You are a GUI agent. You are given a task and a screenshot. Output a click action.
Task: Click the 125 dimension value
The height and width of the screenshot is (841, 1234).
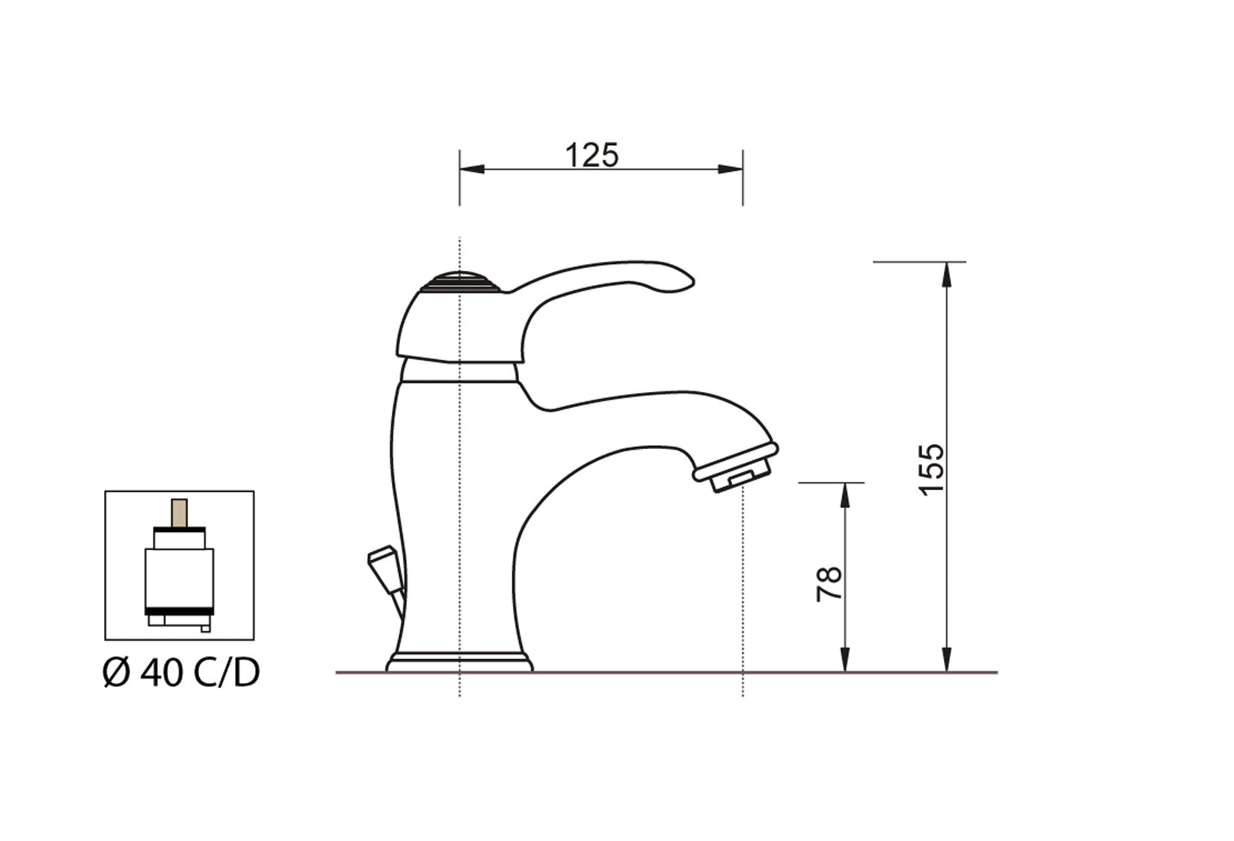[591, 156]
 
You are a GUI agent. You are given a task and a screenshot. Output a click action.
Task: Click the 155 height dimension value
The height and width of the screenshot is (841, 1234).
[933, 468]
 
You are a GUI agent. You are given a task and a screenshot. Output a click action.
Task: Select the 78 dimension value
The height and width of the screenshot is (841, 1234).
[829, 584]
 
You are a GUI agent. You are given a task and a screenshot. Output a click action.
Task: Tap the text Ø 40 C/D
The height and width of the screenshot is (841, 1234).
[181, 673]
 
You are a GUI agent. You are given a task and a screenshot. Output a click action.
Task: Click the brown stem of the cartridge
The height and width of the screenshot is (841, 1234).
[179, 513]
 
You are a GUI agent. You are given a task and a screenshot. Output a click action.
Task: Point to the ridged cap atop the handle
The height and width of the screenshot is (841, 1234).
[460, 282]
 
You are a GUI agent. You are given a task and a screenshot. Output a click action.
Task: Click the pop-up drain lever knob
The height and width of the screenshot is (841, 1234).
[382, 559]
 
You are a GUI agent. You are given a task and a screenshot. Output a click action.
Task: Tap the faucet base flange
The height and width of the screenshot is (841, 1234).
[459, 663]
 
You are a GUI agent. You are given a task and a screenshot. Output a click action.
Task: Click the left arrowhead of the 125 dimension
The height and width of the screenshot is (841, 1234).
[471, 169]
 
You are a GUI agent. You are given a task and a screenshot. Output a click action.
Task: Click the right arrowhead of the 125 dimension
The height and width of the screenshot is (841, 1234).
[731, 169]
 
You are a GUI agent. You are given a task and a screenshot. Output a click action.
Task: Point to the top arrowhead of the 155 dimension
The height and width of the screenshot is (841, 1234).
[947, 274]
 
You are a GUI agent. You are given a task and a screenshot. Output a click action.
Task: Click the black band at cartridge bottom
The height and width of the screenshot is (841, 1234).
[179, 612]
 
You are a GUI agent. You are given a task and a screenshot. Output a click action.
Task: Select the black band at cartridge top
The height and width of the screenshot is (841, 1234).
[179, 529]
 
